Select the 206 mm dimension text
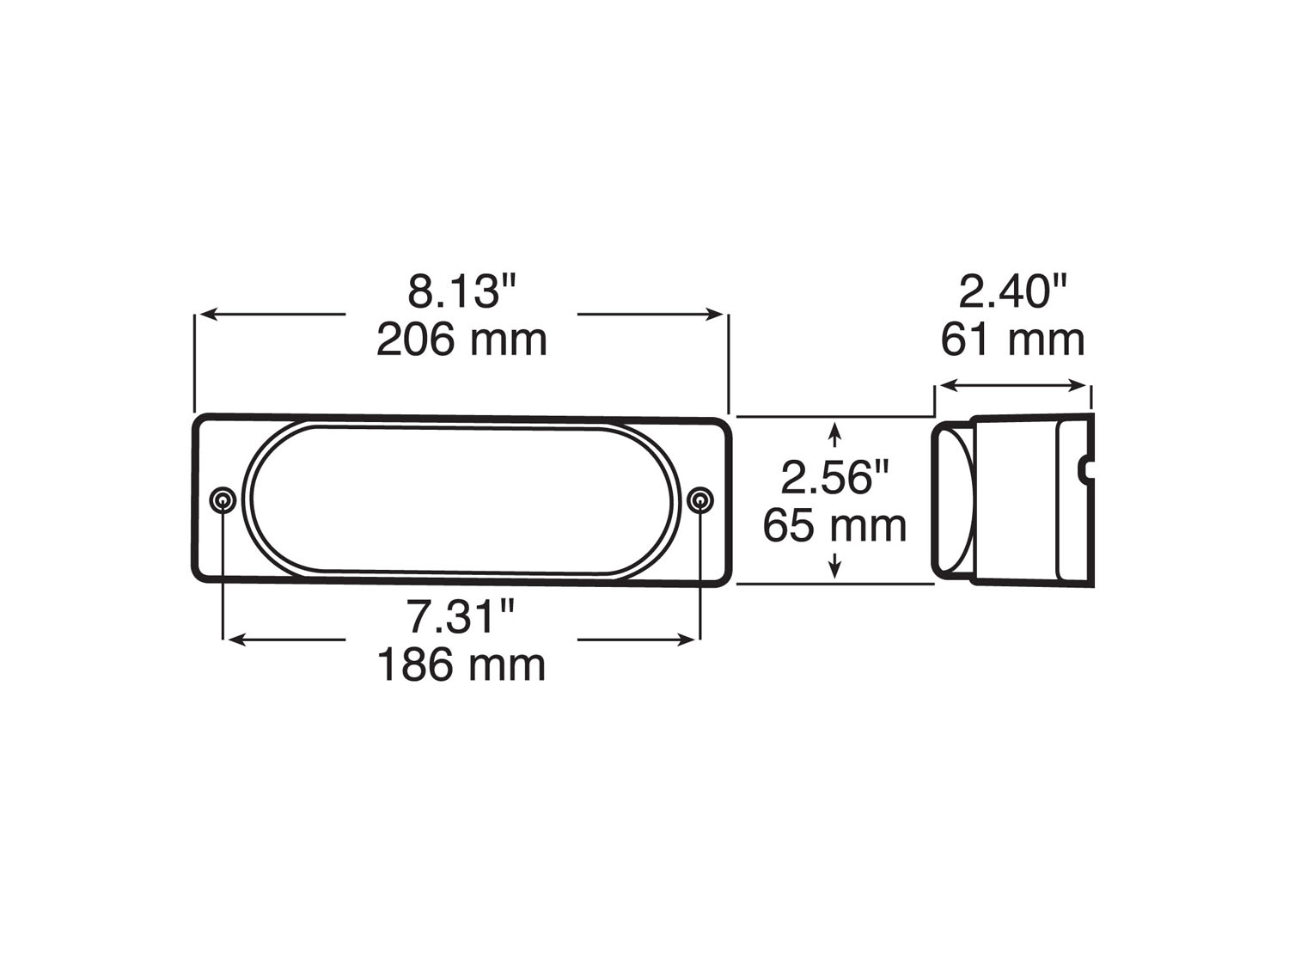click(461, 340)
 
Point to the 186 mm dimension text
click(461, 665)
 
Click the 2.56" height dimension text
click(834, 477)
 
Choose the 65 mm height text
click(834, 526)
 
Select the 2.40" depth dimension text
click(1013, 292)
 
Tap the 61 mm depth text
click(1012, 340)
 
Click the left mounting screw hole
click(223, 500)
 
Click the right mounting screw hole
click(701, 500)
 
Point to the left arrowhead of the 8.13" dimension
click(206, 315)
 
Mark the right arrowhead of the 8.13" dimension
click(717, 315)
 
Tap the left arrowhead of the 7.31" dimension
click(234, 640)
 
